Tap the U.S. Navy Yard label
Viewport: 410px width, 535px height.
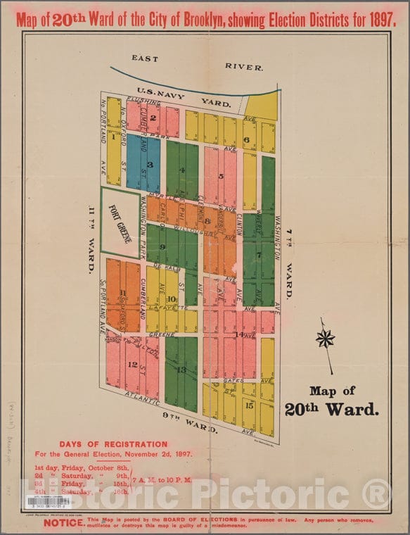coord(185,96)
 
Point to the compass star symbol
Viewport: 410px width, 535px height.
coord(325,339)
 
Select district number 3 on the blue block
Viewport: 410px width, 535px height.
coord(150,164)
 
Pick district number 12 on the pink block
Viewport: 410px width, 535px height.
coord(132,364)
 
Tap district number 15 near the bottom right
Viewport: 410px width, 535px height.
coord(249,405)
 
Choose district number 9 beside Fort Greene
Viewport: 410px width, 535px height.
coord(162,246)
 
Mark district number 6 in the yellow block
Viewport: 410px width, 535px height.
coord(246,139)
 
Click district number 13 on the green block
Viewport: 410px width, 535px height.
coord(181,370)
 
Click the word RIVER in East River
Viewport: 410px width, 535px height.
coord(244,67)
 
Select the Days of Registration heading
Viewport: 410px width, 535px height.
coord(123,444)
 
